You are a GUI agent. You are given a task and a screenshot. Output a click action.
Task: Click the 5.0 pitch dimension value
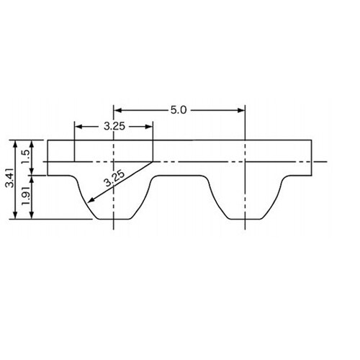pyautogui.click(x=179, y=110)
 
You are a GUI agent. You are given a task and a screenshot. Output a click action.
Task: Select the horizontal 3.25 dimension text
pyautogui.click(x=114, y=127)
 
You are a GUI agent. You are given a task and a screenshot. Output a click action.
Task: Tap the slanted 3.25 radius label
pyautogui.click(x=115, y=179)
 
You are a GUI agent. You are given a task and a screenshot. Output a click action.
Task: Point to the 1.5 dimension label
pyautogui.click(x=26, y=156)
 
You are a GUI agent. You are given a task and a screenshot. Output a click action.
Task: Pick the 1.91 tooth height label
pyautogui.click(x=26, y=195)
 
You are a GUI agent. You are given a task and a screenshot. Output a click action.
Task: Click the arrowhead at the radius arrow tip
pyautogui.click(x=90, y=200)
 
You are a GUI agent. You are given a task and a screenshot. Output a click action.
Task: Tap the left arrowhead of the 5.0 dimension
pyautogui.click(x=117, y=110)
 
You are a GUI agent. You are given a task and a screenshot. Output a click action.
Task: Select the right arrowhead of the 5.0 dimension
pyautogui.click(x=241, y=110)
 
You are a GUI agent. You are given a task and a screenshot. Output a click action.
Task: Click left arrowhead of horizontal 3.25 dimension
pyautogui.click(x=78, y=127)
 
